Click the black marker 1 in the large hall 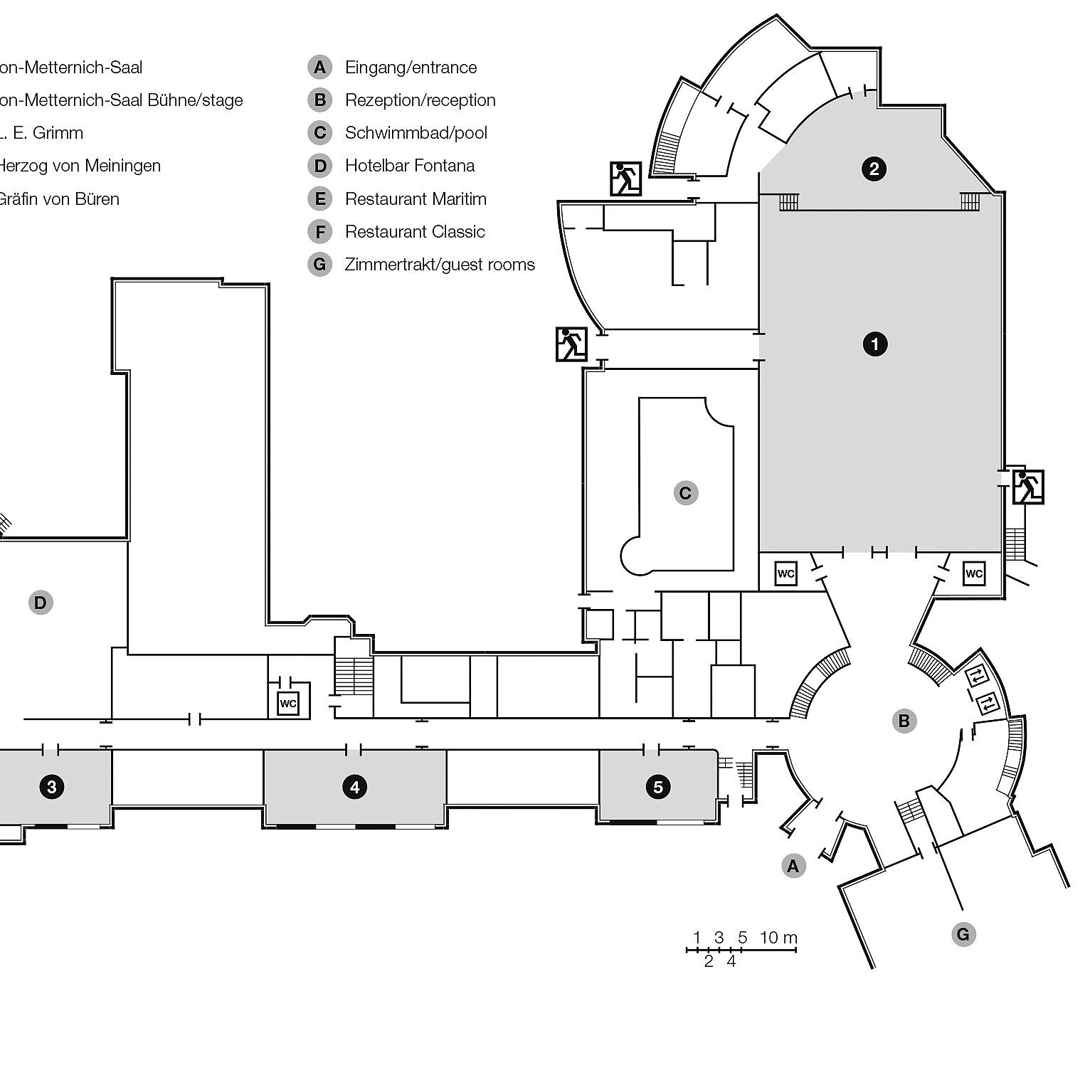874,344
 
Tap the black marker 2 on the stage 874,169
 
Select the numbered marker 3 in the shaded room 51,787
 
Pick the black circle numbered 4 354,787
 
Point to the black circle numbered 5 657,787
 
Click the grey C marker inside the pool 686,493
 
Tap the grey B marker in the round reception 904,721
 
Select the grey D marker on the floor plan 41,603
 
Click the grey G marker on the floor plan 963,934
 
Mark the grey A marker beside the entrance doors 793,866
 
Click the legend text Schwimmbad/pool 416,133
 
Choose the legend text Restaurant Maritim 416,199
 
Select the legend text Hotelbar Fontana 410,166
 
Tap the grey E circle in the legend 320,199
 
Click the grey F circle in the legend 320,232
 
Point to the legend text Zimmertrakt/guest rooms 440,265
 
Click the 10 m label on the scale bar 778,937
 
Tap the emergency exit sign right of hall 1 1027,487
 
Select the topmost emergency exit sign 626,179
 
